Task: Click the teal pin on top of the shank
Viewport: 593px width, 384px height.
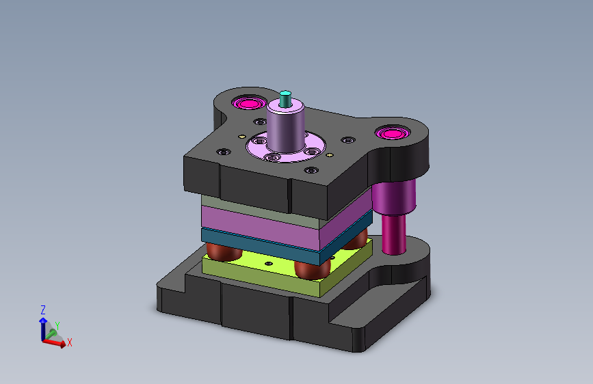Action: [x=285, y=99]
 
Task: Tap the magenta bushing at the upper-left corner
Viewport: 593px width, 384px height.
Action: [x=249, y=103]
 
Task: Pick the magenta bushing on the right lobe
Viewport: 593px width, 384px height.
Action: [x=393, y=133]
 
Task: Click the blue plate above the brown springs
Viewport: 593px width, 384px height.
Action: [x=287, y=242]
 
